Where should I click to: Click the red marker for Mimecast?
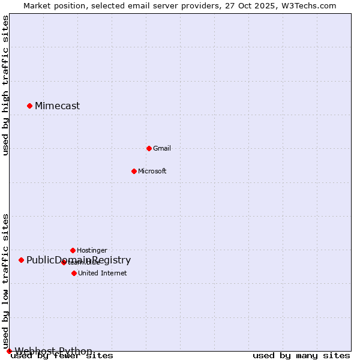[x=29, y=106]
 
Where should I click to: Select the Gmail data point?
[x=149, y=148]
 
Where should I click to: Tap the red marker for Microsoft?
[x=134, y=171]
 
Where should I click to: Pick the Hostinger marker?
[x=73, y=250]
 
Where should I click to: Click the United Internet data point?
[x=74, y=273]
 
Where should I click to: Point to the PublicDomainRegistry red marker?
[x=21, y=260]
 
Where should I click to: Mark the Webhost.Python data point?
[x=9, y=351]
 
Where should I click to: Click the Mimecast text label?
[x=57, y=106]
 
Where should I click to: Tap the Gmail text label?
[x=162, y=148]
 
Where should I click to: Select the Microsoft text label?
[x=152, y=171]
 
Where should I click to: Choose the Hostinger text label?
[x=92, y=250]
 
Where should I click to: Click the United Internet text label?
[x=103, y=273]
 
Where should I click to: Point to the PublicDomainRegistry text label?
[x=79, y=260]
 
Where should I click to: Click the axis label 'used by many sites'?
[x=301, y=356]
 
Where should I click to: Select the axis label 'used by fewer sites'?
[x=62, y=356]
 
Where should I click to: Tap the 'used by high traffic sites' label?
[x=6, y=85]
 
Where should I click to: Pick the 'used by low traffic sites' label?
[x=6, y=281]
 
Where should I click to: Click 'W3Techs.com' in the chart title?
[x=311, y=6]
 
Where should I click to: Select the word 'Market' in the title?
[x=37, y=6]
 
